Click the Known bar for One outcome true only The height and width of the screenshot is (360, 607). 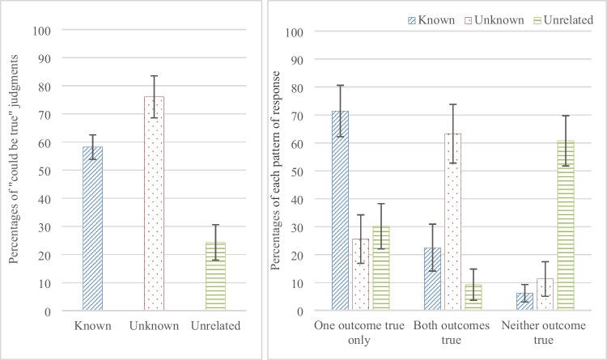click(340, 210)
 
